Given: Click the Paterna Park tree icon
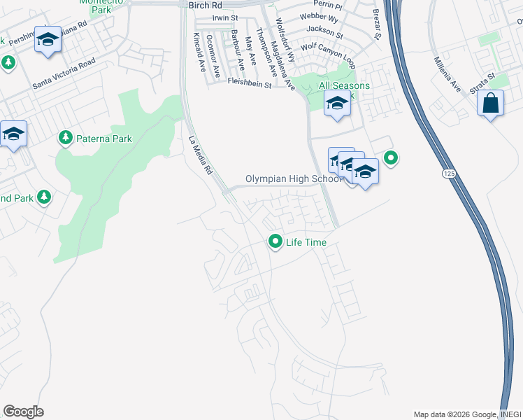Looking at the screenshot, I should pos(66,138).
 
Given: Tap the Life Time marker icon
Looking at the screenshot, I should pos(275,242).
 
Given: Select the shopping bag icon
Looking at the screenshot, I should pos(491,103).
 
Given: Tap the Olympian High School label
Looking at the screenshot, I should pos(294,179).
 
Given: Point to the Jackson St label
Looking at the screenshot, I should pos(324,31).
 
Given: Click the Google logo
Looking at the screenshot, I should pos(23,412).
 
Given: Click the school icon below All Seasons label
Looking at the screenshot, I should pos(338,104).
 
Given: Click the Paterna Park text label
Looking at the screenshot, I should pos(104,139).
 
